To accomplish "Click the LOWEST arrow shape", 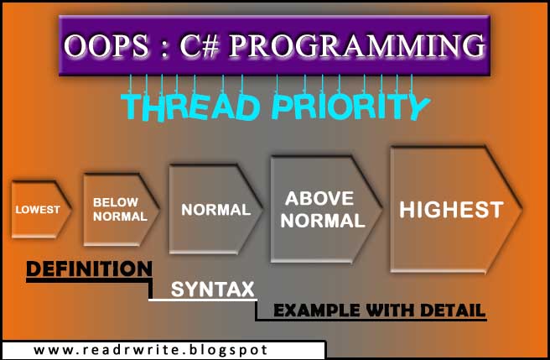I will (x=38, y=209).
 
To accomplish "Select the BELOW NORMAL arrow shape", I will (x=120, y=209).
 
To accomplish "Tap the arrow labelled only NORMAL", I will (x=216, y=209).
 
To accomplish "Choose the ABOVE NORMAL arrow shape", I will (x=324, y=209).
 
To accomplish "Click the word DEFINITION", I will (x=89, y=269).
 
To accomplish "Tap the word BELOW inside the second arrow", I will (x=115, y=202).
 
